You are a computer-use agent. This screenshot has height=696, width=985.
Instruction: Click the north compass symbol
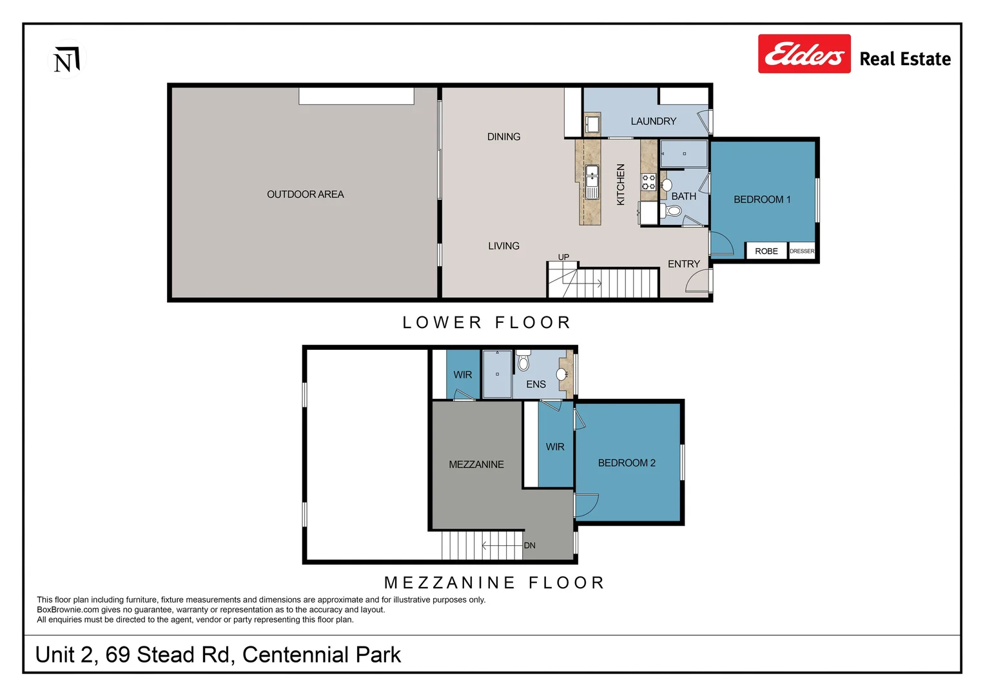point(66,59)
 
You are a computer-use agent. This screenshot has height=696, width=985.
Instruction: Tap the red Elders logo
point(804,54)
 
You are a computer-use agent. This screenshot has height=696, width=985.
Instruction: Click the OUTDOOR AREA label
point(305,194)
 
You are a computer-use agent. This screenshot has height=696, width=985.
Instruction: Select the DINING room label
point(503,137)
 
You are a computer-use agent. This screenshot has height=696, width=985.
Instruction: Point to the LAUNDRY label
point(653,121)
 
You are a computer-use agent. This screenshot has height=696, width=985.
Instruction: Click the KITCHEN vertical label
point(621,184)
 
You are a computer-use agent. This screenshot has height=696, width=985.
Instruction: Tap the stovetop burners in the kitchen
point(649,182)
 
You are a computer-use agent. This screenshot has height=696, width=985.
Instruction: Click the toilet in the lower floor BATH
point(674,211)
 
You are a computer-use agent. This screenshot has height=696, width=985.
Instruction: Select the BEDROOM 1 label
point(761,199)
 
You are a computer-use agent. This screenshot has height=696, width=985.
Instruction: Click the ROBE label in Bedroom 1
point(766,251)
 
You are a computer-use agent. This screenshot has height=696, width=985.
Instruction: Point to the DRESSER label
point(802,251)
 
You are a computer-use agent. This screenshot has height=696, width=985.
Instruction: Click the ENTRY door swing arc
point(698,281)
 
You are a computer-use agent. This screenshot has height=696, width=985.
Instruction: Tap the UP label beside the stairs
point(563,257)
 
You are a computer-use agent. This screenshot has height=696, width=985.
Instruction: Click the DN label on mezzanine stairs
point(529,545)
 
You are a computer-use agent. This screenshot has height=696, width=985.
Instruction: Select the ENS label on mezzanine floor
point(536,384)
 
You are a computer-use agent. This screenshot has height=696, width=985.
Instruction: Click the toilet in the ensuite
point(523,362)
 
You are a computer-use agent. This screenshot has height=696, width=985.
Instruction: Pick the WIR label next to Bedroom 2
point(554,447)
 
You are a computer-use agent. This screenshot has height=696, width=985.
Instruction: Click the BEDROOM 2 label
point(626,463)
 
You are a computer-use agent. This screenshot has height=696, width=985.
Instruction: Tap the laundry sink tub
point(592,123)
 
